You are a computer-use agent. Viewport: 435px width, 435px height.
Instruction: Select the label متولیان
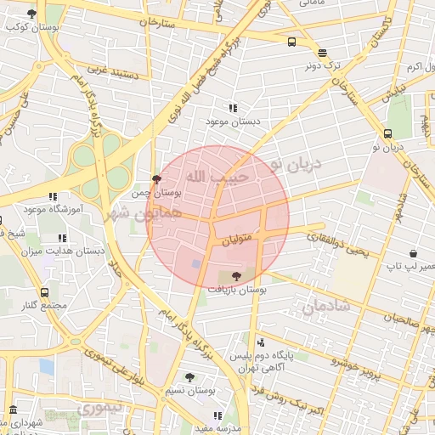(237, 242)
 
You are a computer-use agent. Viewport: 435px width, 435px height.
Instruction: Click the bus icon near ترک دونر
(292, 41)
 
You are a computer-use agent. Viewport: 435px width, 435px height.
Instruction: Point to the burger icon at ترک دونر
(322, 52)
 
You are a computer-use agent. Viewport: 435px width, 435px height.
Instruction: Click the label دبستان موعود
(232, 121)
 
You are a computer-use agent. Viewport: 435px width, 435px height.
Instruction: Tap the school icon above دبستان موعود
(232, 108)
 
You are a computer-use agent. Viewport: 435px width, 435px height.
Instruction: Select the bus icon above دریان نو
(387, 133)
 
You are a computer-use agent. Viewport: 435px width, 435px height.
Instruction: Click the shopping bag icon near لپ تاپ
(413, 253)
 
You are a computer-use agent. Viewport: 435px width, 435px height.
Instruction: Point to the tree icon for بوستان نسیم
(189, 376)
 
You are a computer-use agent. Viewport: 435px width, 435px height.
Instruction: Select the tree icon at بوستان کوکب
(31, 14)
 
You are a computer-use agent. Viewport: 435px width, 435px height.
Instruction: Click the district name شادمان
(319, 306)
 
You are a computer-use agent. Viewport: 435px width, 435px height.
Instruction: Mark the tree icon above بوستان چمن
(155, 179)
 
